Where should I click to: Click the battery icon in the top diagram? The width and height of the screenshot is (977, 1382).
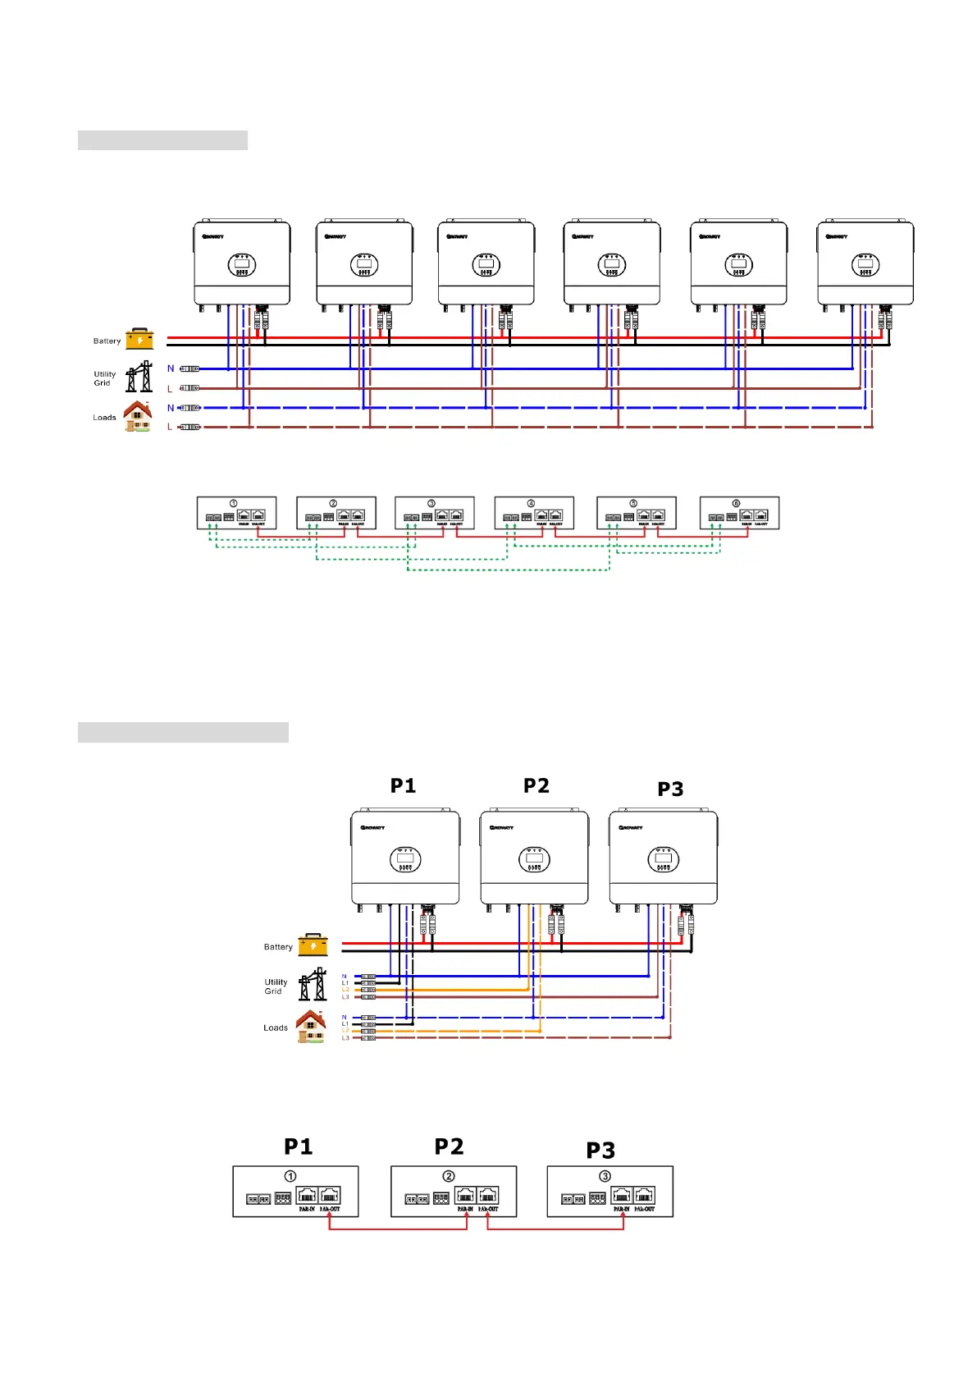coord(139,339)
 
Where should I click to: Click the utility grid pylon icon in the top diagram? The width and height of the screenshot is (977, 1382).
coord(139,378)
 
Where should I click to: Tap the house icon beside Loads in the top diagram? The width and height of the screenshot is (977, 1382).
coord(138,416)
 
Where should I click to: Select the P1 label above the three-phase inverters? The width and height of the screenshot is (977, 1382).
coord(403,785)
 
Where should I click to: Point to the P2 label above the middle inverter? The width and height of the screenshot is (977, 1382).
coord(536,785)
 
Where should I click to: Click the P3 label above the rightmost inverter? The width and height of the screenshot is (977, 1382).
coord(670,789)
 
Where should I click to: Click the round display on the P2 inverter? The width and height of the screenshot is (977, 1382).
coord(534,860)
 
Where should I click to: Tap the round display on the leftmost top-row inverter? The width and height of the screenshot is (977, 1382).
coord(242,265)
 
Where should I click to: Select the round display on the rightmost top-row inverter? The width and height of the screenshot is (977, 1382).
coord(865,265)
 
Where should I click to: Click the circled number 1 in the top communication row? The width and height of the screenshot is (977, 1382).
coord(234,503)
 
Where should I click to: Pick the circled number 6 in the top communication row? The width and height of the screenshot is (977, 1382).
coord(736,503)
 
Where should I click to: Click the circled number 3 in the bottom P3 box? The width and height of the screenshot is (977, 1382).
coord(605,1176)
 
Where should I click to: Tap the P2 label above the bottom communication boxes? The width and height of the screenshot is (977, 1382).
coord(449,1146)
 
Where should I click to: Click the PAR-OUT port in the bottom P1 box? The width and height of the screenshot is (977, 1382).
coord(329,1196)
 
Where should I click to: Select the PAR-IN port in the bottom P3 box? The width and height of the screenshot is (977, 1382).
coord(622,1196)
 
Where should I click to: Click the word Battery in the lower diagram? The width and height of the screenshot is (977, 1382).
coord(278,947)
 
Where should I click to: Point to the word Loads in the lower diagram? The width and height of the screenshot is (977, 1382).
coord(276,1027)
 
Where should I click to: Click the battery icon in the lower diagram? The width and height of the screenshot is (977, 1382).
coord(313,945)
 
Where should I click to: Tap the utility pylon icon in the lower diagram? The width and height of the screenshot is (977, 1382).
coord(312,984)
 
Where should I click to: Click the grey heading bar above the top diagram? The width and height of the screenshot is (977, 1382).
coord(162,140)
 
